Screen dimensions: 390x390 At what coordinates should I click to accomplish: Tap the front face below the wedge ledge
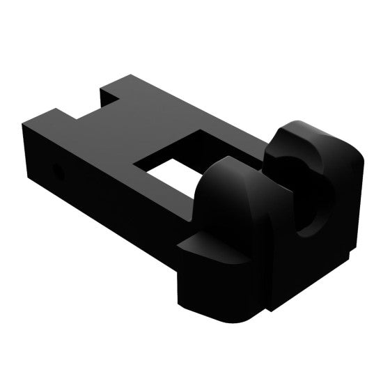[x=216, y=286]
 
